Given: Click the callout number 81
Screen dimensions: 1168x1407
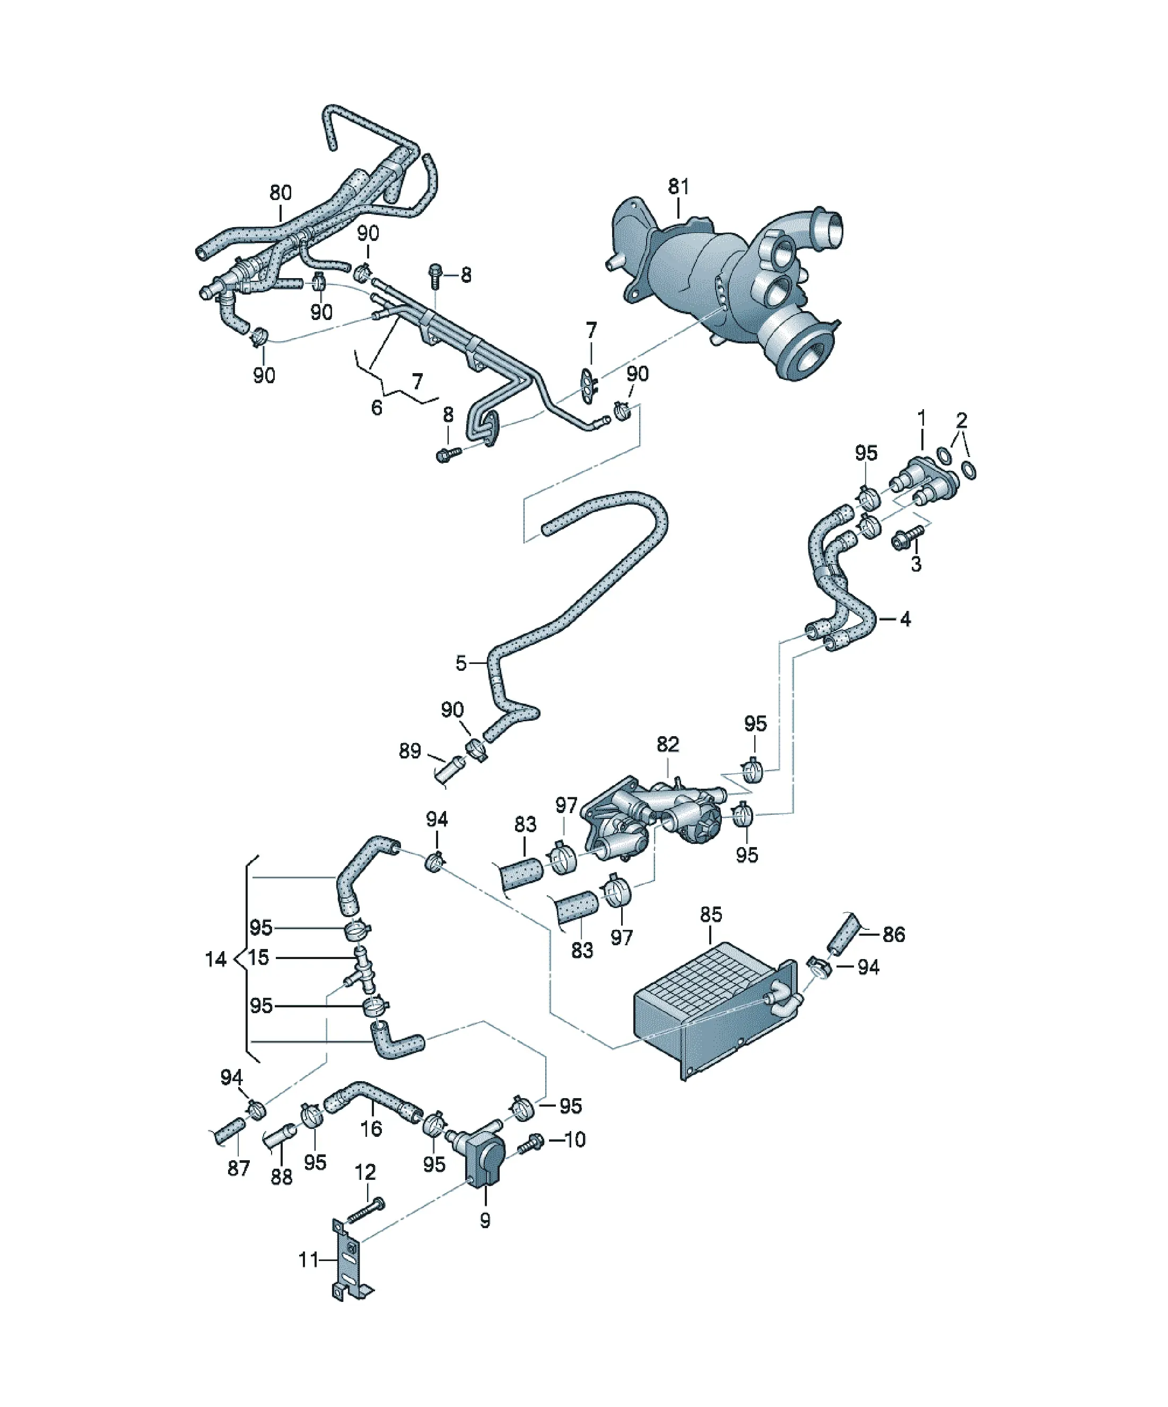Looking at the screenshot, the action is [678, 186].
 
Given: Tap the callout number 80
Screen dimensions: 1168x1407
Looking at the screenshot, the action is [281, 193].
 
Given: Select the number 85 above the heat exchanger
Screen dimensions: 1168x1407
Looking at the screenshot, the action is [711, 914].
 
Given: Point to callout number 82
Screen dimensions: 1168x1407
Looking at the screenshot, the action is [668, 745].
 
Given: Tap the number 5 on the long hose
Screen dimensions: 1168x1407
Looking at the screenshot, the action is [461, 663].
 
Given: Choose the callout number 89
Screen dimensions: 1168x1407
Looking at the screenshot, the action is [410, 751].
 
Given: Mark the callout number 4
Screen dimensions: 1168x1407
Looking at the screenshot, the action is [905, 619].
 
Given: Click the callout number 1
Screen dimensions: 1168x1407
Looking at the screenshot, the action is [921, 418].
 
